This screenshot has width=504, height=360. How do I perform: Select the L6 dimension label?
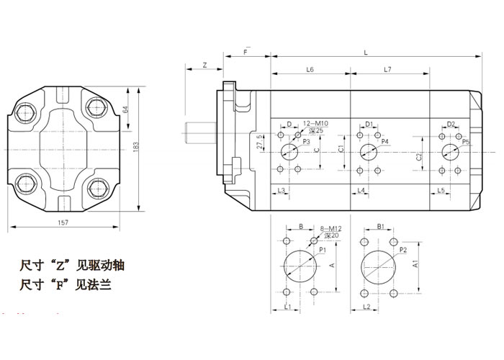pos(310,69)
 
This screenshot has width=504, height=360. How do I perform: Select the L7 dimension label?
pos(387,69)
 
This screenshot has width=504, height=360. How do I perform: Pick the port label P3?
pos(306,143)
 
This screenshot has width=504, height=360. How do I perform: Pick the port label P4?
pos(385,143)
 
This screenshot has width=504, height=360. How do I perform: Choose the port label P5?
pos(466,142)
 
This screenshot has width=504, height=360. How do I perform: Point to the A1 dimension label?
pos(416,265)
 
